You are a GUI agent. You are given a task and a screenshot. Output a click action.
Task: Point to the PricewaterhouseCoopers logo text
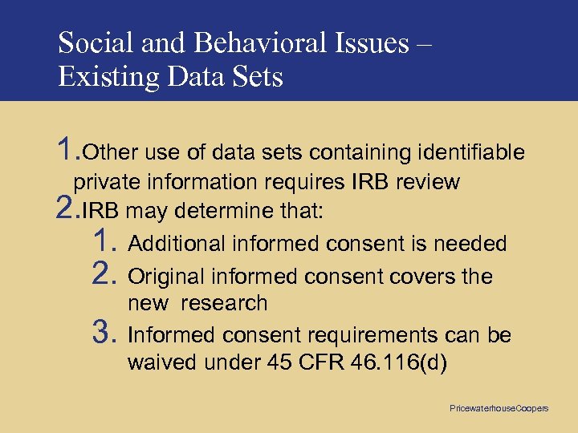(x=499, y=408)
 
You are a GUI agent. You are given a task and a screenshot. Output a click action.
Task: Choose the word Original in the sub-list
(x=166, y=277)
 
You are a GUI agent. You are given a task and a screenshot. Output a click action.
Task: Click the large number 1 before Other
(x=67, y=148)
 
